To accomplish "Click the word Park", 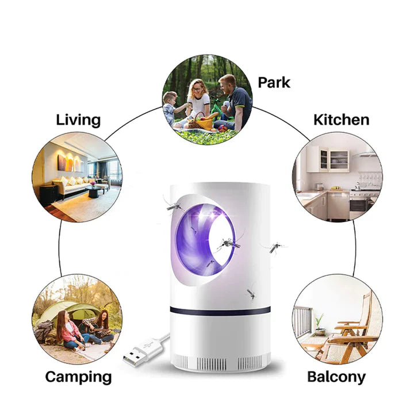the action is [x=274, y=82].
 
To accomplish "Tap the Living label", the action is [x=78, y=120].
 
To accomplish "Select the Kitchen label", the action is [x=341, y=120].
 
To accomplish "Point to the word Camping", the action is [x=78, y=377].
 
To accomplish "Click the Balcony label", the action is [x=336, y=377].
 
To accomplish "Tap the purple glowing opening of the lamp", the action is [x=205, y=240].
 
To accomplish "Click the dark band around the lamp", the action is [x=220, y=311].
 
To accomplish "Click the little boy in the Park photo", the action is [x=171, y=108].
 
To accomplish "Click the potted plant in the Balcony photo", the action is [x=320, y=325].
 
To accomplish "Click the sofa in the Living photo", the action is [x=72, y=185].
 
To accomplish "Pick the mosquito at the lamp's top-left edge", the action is [x=172, y=204].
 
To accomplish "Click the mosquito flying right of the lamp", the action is [x=275, y=248].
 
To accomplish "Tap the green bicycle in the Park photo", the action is [x=218, y=108].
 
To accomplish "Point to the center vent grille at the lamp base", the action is [x=212, y=364].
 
